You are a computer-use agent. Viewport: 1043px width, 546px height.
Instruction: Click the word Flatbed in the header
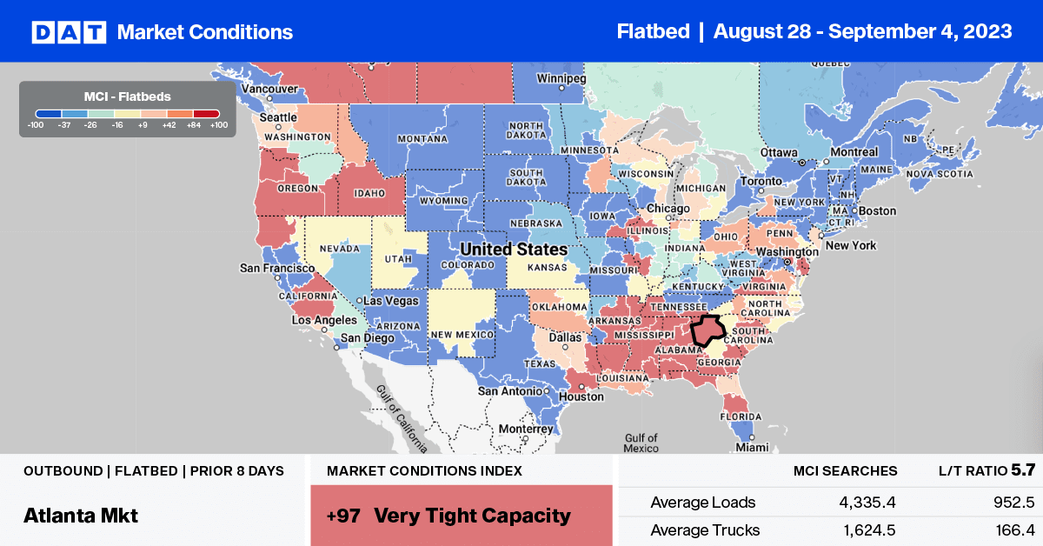[x=652, y=31]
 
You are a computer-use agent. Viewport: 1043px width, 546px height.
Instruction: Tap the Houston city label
[x=581, y=396]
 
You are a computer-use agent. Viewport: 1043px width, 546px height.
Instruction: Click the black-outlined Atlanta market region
[x=708, y=330]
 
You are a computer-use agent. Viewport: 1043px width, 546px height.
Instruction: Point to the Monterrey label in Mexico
[x=525, y=429]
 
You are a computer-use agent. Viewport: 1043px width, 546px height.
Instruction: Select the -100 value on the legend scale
[x=35, y=125]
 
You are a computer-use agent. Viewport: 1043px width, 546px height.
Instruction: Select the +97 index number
[x=343, y=516]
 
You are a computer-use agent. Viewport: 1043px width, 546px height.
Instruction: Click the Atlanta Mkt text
[x=81, y=516]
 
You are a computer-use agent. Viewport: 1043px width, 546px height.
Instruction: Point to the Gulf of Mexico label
[x=641, y=443]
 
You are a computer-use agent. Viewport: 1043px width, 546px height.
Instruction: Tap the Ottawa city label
[x=779, y=152]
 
